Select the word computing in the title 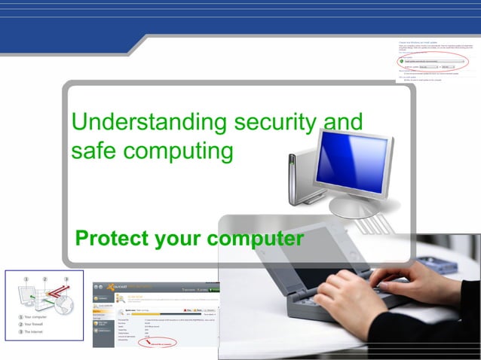click(178, 151)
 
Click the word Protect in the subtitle click(111, 239)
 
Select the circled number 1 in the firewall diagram click(25, 279)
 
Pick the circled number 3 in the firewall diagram click(66, 279)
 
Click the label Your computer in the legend click(36, 316)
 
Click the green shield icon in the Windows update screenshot click(401, 61)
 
